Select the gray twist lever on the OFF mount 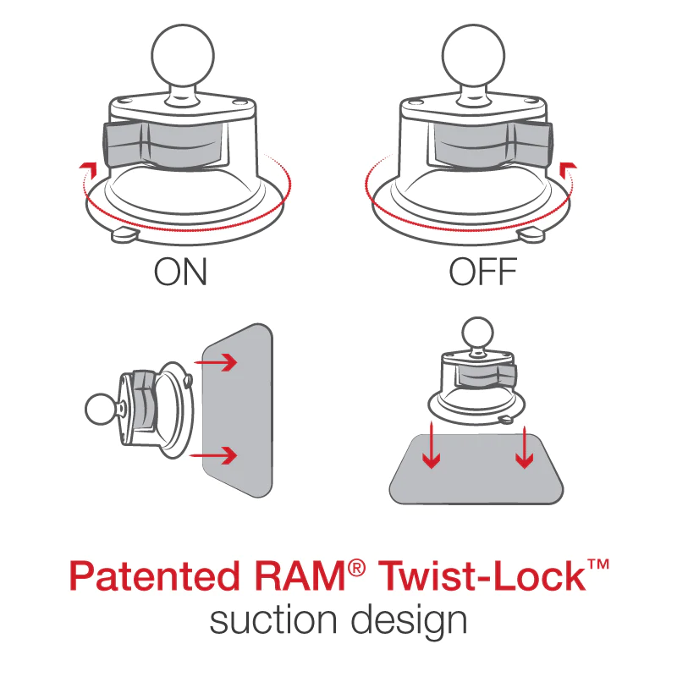click(x=491, y=144)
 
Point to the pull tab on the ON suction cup click(x=125, y=233)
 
